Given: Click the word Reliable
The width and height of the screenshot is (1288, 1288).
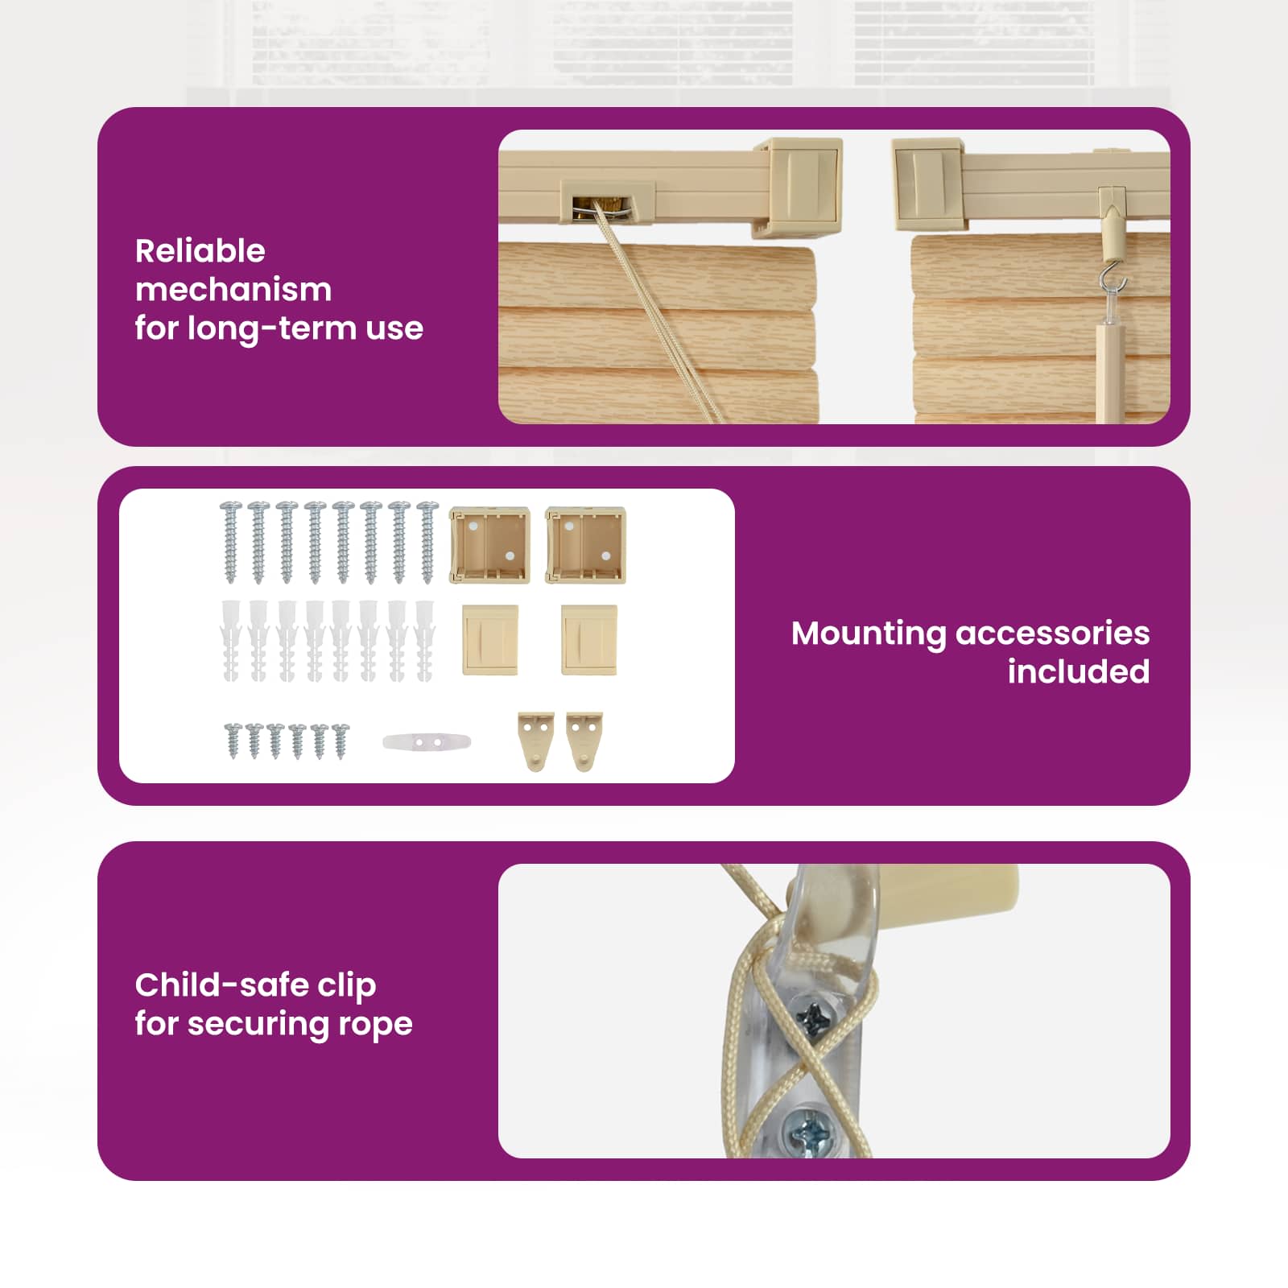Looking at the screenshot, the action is (x=200, y=251).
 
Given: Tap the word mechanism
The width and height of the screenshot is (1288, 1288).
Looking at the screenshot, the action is (x=233, y=290).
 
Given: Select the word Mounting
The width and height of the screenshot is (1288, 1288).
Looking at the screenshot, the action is (x=869, y=634).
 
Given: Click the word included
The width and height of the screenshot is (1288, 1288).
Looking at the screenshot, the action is (x=1079, y=671).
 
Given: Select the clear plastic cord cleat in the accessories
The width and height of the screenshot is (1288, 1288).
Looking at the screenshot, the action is (x=427, y=741).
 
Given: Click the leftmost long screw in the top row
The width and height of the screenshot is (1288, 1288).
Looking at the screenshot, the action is (x=231, y=542).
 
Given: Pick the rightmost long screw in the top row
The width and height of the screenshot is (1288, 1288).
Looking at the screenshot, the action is (x=427, y=542).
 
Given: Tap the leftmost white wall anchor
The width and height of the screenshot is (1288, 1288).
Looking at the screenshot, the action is (x=231, y=641).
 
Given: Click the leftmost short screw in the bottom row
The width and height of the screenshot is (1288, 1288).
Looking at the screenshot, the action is (x=233, y=740).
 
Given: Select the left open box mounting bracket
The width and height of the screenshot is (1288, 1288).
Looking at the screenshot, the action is (x=489, y=545).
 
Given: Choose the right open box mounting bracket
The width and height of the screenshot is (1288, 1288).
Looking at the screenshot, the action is (x=585, y=545).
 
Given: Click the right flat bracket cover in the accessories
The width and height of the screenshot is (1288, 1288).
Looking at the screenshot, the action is (x=589, y=640).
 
